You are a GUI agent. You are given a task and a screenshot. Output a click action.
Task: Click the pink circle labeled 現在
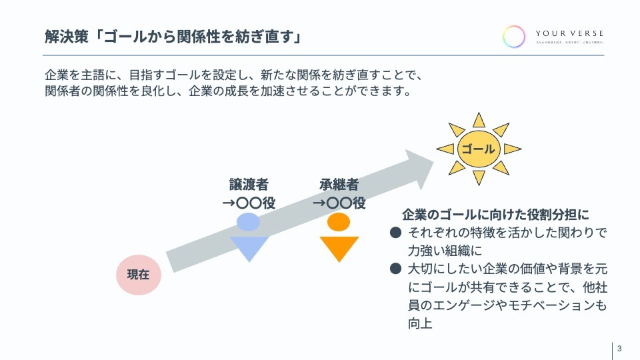(x=139, y=273)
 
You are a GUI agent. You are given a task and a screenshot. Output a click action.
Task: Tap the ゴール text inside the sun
(x=478, y=149)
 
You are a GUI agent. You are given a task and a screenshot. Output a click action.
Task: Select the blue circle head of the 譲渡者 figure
(x=248, y=222)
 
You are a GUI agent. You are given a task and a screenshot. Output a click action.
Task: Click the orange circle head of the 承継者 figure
(x=339, y=221)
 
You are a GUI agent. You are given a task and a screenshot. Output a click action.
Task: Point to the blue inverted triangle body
(x=249, y=247)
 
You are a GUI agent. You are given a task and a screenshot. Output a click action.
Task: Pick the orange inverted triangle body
(x=339, y=247)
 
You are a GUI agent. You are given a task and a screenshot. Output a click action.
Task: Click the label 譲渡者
(x=249, y=185)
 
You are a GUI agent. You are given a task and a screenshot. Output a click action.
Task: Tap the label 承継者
(x=339, y=185)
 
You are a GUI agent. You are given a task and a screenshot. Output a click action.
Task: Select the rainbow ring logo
(x=514, y=36)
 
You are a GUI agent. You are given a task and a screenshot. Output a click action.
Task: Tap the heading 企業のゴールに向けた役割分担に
(x=496, y=215)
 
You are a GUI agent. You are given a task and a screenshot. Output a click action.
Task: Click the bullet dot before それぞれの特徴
(x=395, y=233)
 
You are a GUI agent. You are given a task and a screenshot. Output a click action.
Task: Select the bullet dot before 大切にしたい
(x=395, y=269)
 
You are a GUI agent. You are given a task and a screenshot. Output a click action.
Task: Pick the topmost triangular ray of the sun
(x=478, y=119)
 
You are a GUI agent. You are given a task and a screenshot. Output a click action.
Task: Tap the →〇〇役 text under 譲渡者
(x=249, y=203)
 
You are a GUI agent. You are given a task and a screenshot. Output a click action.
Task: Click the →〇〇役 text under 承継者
(x=339, y=203)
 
